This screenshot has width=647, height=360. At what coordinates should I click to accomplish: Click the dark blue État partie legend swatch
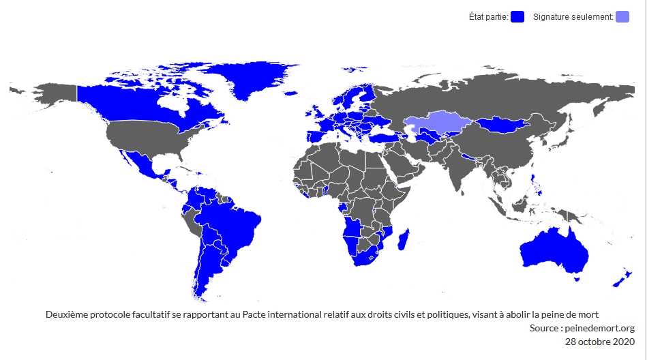(x=517, y=17)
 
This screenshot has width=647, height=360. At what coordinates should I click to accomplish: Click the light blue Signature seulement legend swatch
(x=622, y=17)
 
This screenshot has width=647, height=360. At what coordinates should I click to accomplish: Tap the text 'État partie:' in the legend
(x=488, y=17)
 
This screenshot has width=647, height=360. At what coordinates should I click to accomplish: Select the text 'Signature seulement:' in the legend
(x=573, y=17)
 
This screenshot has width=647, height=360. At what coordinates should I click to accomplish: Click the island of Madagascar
(x=403, y=239)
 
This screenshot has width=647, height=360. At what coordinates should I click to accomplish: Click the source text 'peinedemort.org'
(x=600, y=328)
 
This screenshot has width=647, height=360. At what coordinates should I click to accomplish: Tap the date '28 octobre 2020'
(x=600, y=341)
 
